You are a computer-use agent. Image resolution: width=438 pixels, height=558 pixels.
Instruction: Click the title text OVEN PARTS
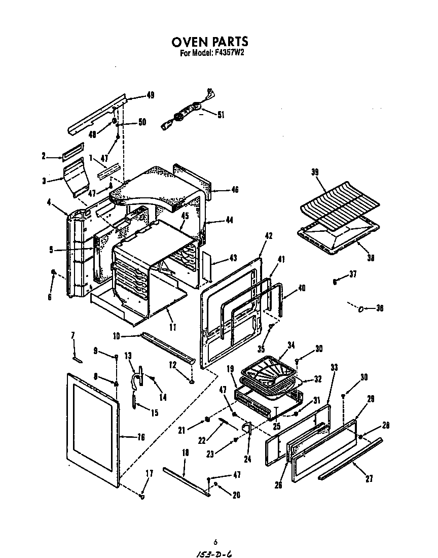209,41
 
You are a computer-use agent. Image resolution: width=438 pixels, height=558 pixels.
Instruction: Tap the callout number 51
221,115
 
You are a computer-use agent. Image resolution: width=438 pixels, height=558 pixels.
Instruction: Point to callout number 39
315,172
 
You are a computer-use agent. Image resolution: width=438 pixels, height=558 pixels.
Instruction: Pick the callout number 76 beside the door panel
140,437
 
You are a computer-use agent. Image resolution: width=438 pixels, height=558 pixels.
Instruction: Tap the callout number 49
150,95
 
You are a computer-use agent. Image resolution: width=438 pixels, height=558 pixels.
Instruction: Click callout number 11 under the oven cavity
173,327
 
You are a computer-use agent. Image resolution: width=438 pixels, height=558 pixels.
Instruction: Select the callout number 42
269,235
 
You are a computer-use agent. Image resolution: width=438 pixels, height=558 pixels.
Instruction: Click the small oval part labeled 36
361,308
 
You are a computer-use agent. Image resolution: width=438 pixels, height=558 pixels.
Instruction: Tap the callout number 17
149,473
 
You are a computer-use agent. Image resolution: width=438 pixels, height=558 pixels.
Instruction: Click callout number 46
234,190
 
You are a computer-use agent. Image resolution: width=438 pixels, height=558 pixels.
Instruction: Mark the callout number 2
44,156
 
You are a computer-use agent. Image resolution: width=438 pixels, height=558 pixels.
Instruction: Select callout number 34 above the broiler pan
291,345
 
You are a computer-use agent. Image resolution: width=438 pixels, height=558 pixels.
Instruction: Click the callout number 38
371,257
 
